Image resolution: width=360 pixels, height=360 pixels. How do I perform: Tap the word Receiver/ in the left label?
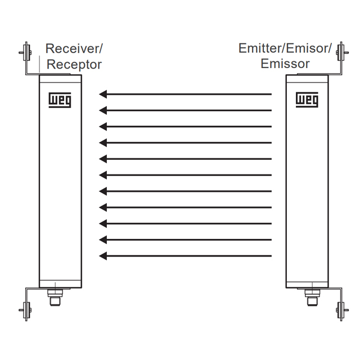coord(74,48)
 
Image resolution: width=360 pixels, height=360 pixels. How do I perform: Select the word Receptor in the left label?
coord(74,64)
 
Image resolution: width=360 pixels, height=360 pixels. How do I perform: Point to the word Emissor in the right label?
coord(285,64)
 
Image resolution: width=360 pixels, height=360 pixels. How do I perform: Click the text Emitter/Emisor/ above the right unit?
coord(285,48)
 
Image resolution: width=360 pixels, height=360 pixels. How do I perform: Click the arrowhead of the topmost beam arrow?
coord(103,94)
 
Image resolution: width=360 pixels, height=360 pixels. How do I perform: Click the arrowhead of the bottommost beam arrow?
coord(103,256)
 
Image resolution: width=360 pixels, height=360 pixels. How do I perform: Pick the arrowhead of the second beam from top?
coord(103,110)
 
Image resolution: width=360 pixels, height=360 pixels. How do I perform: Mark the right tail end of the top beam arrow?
coord(271,94)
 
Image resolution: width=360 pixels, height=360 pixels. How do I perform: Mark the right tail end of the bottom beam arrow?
coord(271,256)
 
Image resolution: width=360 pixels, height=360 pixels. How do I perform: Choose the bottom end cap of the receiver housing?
coord(60,284)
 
